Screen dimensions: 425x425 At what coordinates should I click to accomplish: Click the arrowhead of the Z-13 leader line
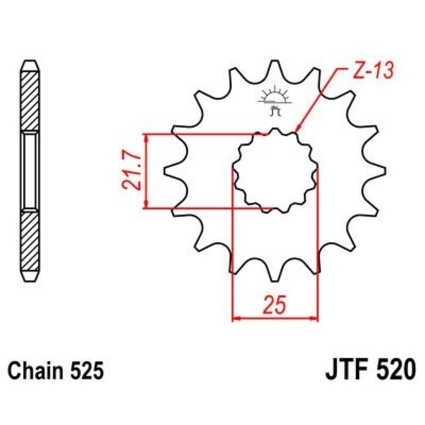[x=298, y=129]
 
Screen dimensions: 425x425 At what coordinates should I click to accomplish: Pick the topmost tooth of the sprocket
[x=275, y=66]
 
